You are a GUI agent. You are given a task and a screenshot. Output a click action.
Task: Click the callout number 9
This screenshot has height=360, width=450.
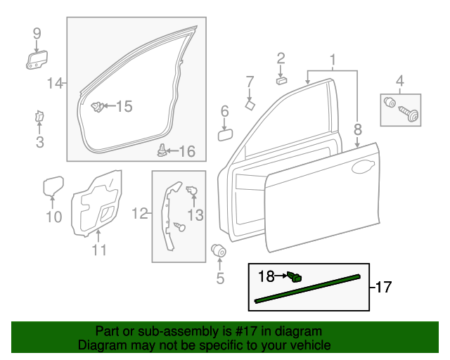[x=37, y=33]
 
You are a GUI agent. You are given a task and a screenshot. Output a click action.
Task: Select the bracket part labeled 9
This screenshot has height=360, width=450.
[x=37, y=59]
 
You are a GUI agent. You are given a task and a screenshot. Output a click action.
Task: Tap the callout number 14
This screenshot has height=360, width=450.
[x=55, y=84]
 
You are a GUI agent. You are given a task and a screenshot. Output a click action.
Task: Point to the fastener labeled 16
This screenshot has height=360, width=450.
[x=163, y=149]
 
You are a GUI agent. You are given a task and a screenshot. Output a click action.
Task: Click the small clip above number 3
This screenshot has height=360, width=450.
[x=39, y=116]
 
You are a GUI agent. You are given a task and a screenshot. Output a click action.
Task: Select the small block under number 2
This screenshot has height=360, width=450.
[x=281, y=79]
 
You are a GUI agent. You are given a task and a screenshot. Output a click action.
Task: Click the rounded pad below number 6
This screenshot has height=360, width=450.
[x=226, y=134]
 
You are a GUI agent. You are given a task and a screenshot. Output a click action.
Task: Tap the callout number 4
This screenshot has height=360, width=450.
[x=400, y=80]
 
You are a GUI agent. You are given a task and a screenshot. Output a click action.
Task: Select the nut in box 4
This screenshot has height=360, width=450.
[x=388, y=102]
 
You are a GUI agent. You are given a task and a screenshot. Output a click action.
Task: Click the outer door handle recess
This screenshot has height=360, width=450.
[x=363, y=167]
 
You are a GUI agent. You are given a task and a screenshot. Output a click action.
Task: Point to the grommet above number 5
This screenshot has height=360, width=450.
[x=219, y=250]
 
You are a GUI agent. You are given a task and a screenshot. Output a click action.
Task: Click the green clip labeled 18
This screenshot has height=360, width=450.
[x=296, y=278]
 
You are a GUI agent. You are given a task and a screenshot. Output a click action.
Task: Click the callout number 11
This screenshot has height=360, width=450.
[x=99, y=250]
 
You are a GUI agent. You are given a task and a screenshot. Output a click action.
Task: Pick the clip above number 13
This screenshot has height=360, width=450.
[x=192, y=190]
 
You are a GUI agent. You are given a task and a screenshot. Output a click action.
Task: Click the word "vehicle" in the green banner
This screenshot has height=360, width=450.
[x=307, y=345]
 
